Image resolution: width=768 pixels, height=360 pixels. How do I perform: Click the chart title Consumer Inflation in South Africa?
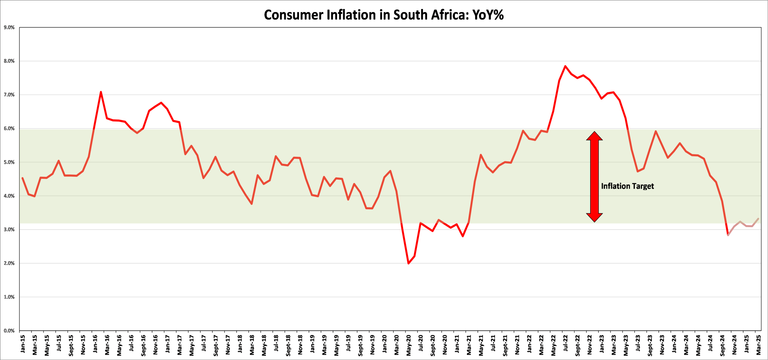384,15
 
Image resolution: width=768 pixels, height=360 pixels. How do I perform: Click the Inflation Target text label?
627,186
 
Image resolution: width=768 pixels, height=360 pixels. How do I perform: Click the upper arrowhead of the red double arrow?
594,136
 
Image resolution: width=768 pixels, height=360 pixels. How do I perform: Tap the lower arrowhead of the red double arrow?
594,217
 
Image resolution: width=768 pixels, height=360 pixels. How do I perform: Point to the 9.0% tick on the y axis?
9,27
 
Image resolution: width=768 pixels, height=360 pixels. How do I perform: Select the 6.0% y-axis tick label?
9,128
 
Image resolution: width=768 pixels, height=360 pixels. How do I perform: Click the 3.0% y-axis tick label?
9,229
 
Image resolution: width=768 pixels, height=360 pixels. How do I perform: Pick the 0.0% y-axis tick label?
9,331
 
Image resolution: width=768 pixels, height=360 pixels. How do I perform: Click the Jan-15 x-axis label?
22,344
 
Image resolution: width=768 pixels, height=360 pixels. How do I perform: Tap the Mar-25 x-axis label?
758,344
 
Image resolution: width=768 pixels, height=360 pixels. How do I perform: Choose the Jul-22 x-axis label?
565,344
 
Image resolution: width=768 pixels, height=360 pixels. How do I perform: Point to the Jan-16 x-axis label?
95,344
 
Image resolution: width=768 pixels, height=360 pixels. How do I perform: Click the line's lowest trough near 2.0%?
408,263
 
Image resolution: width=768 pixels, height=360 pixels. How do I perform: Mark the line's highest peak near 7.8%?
565,66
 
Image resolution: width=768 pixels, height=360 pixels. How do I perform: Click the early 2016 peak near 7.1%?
101,92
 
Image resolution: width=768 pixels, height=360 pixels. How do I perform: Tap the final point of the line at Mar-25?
758,219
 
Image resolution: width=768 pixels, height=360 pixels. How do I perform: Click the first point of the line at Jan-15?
22,178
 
